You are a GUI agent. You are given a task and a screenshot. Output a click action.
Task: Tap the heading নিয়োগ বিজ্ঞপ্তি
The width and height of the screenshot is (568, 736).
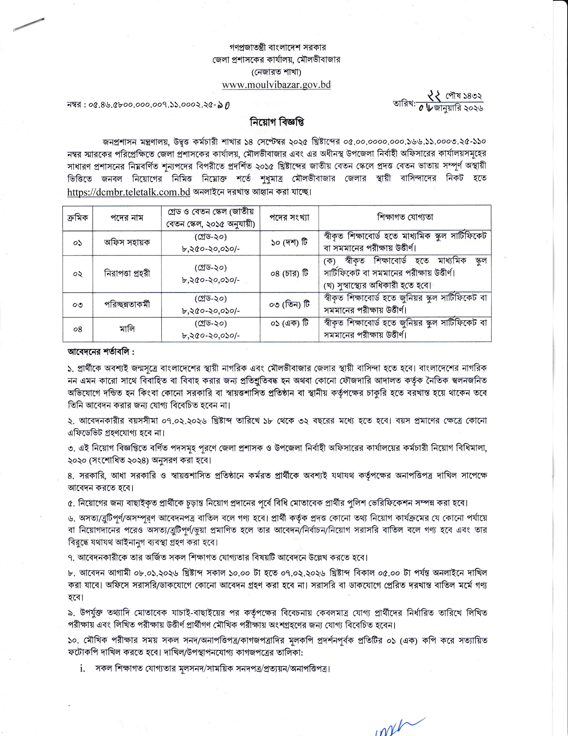(x=277, y=122)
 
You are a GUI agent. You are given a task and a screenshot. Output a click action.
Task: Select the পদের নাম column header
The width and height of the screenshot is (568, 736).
(x=127, y=218)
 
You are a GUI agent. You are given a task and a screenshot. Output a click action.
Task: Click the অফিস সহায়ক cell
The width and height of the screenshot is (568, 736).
(x=127, y=243)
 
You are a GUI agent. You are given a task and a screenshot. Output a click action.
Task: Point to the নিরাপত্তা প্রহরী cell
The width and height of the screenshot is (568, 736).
(x=127, y=274)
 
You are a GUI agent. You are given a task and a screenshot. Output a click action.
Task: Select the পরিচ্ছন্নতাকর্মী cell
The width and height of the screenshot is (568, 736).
(x=127, y=304)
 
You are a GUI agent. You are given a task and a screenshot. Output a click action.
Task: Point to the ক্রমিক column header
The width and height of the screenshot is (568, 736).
(x=78, y=218)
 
